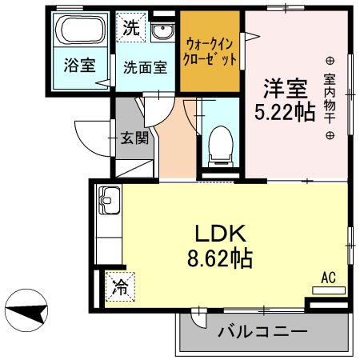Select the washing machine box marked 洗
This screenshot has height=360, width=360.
tap(130, 27)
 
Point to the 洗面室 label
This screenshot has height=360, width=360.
tap(145, 67)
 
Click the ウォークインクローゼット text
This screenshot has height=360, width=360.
tap(210, 50)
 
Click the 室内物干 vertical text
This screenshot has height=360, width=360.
tap(329, 98)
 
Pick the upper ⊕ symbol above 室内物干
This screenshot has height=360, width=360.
tap(329, 61)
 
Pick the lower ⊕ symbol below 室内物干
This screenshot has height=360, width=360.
tap(329, 136)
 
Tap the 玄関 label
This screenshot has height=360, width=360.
tap(134, 138)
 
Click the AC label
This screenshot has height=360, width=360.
tap(328, 278)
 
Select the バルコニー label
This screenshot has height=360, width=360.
tap(251, 330)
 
